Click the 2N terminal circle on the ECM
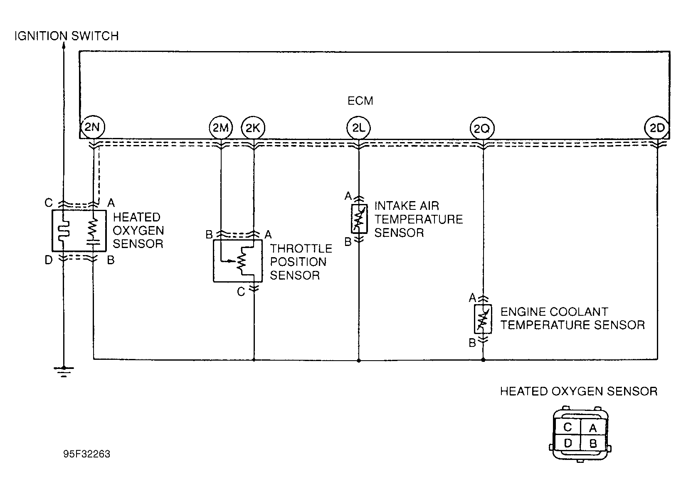tap(92, 127)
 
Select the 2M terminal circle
tap(221, 128)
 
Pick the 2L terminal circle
tap(359, 128)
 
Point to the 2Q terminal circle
tap(482, 128)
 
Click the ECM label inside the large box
tap(360, 101)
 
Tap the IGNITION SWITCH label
tap(67, 36)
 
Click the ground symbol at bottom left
tap(64, 371)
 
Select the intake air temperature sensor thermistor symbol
tap(359, 219)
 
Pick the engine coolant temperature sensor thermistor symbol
tap(483, 319)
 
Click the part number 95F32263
tap(86, 454)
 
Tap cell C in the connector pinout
tap(568, 427)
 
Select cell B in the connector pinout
tap(593, 443)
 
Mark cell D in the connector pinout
tap(568, 443)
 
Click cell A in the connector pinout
tap(593, 427)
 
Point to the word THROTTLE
tap(301, 248)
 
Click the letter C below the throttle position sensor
tap(241, 292)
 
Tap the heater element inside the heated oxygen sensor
tap(65, 230)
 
